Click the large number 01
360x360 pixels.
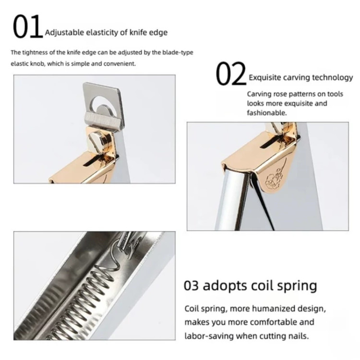click(28, 26)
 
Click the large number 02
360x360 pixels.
click(231, 74)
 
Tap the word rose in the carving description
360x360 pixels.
click(279, 94)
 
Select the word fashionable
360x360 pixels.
click(267, 113)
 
